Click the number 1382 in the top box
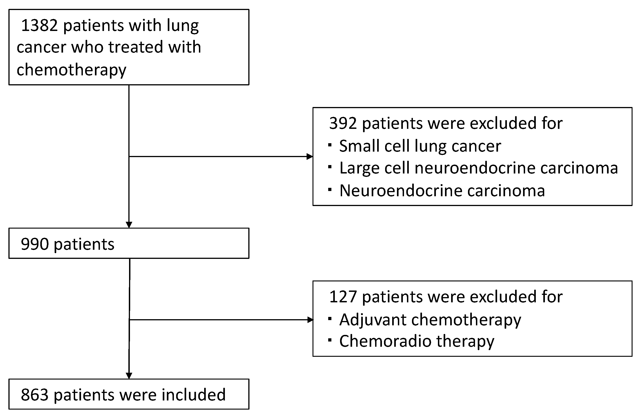pyautogui.click(x=39, y=26)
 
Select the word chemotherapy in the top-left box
pyautogui.click(x=71, y=70)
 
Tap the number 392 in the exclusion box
pyautogui.click(x=343, y=123)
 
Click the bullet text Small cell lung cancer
pyautogui.click(x=420, y=146)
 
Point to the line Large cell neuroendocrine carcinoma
pyautogui.click(x=478, y=168)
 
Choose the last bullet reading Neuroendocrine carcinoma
pyautogui.click(x=442, y=191)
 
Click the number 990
pyautogui.click(x=35, y=244)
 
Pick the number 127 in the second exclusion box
pyautogui.click(x=343, y=297)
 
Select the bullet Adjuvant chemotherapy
pyautogui.click(x=430, y=320)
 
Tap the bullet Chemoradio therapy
pyautogui.click(x=417, y=341)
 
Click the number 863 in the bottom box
pyautogui.click(x=35, y=395)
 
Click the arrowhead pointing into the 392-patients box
pyautogui.click(x=310, y=156)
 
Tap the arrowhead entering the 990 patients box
pyautogui.click(x=129, y=225)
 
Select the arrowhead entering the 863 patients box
pyautogui.click(x=129, y=376)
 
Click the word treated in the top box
pyautogui.click(x=135, y=47)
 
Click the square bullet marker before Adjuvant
pyautogui.click(x=330, y=319)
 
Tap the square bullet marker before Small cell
pyautogui.click(x=330, y=145)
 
